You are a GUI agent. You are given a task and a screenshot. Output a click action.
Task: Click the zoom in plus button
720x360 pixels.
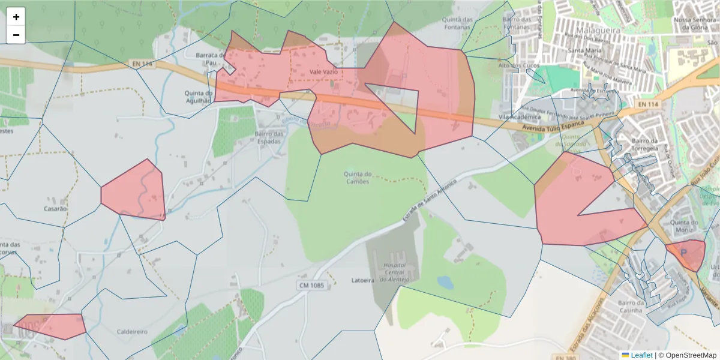[x=16, y=17]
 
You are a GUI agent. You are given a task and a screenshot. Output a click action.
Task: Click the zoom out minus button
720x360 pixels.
[x=16, y=35]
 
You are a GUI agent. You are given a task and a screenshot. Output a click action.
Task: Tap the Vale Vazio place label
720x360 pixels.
[x=323, y=72]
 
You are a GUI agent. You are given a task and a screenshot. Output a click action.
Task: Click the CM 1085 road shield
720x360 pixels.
[x=311, y=286]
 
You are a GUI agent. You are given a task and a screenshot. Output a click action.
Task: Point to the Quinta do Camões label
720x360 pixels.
[x=358, y=178]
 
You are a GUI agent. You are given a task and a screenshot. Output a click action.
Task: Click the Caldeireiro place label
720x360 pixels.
[x=132, y=331]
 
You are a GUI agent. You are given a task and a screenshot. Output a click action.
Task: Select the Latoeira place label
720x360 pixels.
[x=364, y=280]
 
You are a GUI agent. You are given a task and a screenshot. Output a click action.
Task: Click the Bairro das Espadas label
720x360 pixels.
[x=268, y=137]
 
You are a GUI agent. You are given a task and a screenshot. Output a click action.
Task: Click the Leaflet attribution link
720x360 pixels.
[x=641, y=355]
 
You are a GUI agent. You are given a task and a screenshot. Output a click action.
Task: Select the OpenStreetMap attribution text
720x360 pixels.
[x=691, y=355]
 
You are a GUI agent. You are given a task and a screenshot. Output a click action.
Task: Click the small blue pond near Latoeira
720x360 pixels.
[x=445, y=282]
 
